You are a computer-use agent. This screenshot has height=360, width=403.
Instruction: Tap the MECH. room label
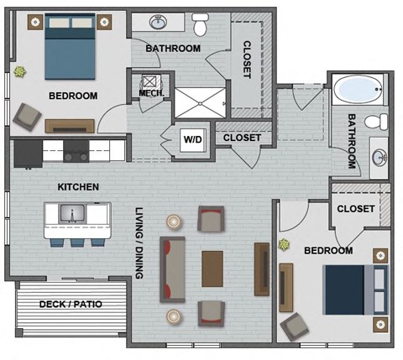click(150, 94)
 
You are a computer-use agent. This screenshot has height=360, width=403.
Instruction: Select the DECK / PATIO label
click(71, 304)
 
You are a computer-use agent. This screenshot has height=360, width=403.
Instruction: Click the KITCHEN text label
click(79, 186)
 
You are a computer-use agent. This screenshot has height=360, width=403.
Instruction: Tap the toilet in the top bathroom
click(200, 25)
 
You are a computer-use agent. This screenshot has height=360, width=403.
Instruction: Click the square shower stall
click(199, 101)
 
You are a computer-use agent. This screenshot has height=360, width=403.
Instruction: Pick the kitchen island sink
click(73, 216)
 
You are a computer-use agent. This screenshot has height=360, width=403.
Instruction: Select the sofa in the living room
click(173, 269)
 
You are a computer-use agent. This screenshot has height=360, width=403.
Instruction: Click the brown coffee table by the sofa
click(212, 269)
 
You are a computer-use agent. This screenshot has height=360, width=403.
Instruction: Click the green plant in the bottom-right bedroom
click(283, 246)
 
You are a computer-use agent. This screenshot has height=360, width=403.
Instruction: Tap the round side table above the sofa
click(174, 222)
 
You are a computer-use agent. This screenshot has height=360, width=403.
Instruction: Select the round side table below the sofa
click(174, 316)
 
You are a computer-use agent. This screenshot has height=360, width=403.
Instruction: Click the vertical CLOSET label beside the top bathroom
click(247, 60)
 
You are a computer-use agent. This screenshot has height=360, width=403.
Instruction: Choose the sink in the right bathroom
click(379, 156)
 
